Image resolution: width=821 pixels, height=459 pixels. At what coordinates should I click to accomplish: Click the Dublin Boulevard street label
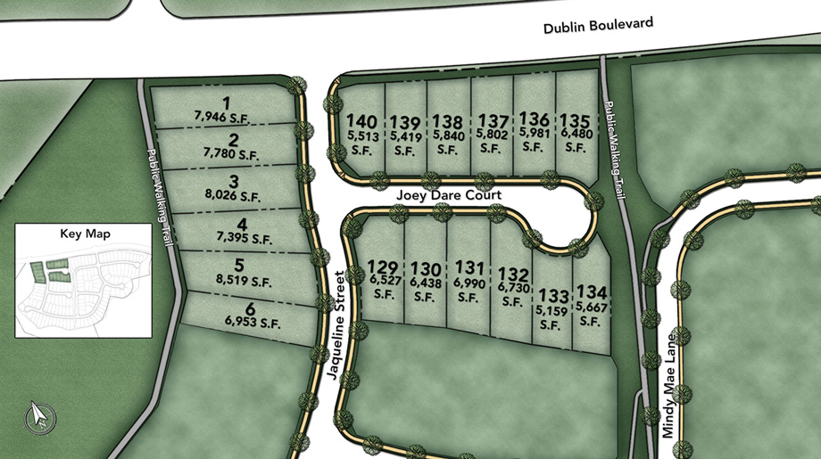(x=599, y=26)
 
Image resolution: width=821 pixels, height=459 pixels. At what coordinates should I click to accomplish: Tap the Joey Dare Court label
(x=449, y=194)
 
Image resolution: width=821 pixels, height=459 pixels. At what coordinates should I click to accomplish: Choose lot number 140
(x=361, y=121)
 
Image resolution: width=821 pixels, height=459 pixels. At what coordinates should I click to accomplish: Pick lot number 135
(x=576, y=119)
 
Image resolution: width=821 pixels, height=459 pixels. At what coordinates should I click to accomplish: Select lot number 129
(x=383, y=266)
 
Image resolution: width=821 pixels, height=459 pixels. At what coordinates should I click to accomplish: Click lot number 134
(x=591, y=291)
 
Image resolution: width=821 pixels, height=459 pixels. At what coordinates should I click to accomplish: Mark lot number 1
(x=226, y=102)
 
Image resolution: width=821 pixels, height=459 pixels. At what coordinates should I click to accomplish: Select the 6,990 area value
(x=469, y=282)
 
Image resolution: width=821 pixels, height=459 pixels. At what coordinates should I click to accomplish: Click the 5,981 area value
(x=534, y=134)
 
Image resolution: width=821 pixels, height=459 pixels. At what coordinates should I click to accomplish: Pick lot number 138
(x=448, y=121)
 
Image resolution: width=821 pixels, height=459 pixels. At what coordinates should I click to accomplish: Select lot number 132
(x=513, y=274)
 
